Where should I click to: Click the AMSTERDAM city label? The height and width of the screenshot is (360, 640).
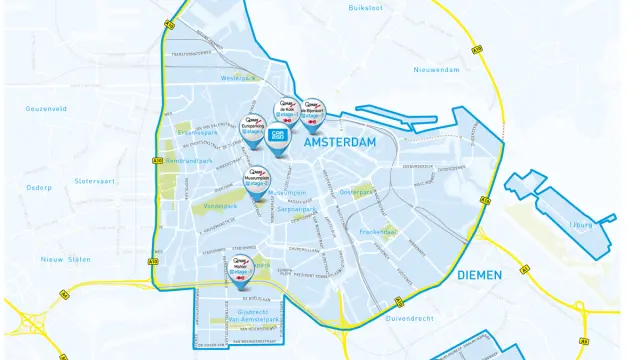point(334,143)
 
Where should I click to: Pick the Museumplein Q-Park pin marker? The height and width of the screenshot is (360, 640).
point(257,180)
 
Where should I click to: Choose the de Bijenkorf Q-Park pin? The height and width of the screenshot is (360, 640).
point(313,112)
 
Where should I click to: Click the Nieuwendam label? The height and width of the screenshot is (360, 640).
point(437,70)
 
